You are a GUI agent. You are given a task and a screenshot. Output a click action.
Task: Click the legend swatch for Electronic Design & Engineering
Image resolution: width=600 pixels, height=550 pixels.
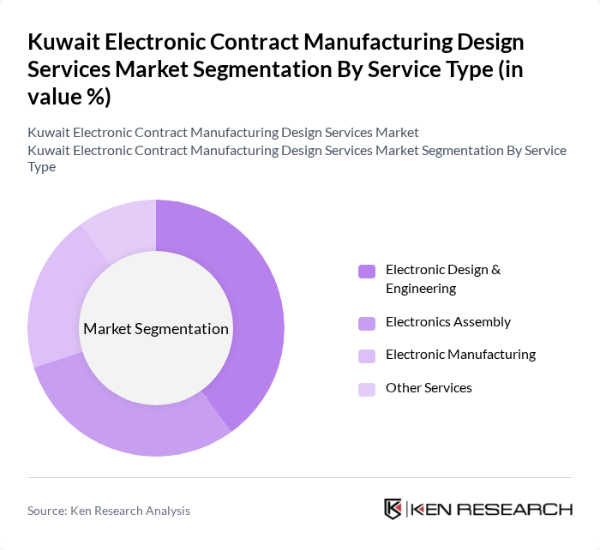tap(367, 272)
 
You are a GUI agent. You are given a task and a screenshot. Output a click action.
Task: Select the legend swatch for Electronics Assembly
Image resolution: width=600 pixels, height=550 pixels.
tap(367, 323)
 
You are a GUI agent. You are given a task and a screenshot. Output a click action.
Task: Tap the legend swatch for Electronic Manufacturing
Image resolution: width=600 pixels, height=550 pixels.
tap(367, 356)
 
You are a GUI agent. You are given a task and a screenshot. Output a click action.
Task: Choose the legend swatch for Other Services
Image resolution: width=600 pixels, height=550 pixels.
tap(367, 389)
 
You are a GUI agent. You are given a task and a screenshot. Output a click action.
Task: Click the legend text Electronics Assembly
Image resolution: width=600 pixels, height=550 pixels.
tap(447, 322)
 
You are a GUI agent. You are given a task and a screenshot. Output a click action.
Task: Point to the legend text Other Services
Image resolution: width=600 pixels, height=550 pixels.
tap(429, 388)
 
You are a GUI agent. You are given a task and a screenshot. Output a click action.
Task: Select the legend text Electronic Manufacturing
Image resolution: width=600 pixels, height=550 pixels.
tap(460, 355)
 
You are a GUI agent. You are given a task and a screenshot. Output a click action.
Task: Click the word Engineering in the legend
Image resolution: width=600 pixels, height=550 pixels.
tap(420, 289)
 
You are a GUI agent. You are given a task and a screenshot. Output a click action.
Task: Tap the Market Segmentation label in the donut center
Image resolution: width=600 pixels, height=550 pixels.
tap(156, 329)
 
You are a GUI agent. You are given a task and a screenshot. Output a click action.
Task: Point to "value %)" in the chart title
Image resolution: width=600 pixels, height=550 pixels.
tap(69, 97)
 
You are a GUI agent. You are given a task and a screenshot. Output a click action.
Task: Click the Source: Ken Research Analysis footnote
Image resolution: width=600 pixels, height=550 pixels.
tap(109, 511)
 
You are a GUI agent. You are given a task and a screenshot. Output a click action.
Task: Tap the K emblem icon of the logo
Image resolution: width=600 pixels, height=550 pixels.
tap(393, 509)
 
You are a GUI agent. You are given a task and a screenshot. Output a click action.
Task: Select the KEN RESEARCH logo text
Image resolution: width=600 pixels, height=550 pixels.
tap(492, 509)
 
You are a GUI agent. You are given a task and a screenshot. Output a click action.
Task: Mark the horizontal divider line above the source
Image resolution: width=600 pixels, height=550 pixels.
tap(300, 477)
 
